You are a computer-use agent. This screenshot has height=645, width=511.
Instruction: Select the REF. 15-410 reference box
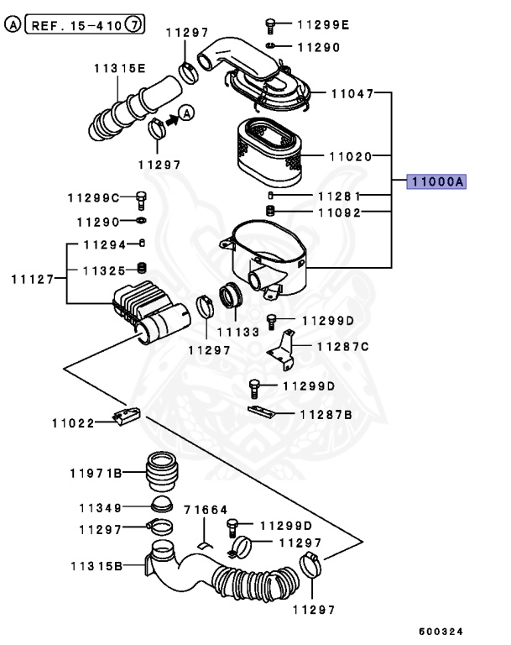point(85,25)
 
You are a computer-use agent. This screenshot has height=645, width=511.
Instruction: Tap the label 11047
point(352,93)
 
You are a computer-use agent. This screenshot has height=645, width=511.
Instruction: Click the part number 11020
point(351,155)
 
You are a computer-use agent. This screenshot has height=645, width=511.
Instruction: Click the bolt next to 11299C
point(141,200)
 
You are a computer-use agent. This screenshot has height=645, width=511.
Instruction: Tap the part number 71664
point(206,510)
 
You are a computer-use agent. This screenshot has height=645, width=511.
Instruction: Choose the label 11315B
point(96,567)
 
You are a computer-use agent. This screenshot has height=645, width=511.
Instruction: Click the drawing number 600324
point(441,630)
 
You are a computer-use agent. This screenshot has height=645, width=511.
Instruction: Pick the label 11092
point(339,212)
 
